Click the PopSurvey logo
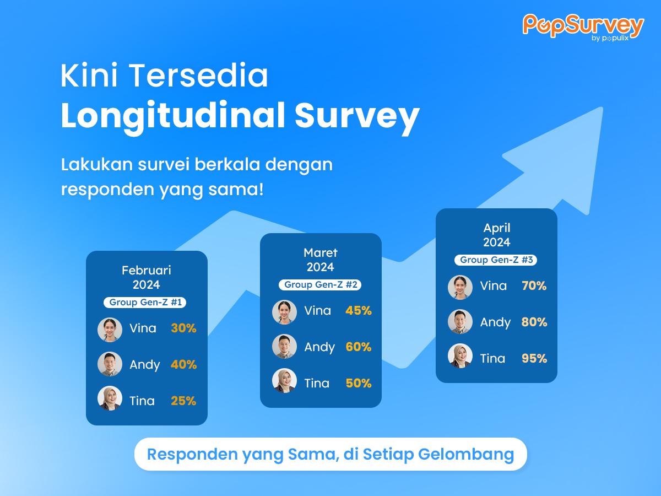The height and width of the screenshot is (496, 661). point(583,27)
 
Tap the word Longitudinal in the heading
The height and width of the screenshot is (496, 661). point(173,116)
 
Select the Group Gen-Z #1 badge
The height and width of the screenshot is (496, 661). point(145,303)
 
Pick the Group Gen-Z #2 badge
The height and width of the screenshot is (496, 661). point(320,284)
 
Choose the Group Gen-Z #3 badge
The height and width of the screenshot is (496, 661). point(496,260)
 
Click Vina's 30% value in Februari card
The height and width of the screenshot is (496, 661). point(183,328)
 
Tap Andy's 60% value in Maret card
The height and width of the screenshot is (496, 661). point(359,347)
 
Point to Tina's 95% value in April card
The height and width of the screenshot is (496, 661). point(534,358)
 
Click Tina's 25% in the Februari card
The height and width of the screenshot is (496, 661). point(183,401)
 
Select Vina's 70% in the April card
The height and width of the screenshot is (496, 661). point(534,286)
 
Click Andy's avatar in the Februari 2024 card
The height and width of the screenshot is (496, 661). point(110,364)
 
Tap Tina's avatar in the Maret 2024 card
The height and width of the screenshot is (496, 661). point(285,381)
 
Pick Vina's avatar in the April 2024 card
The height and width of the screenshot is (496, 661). point(460,287)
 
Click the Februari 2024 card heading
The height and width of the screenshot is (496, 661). point(147,277)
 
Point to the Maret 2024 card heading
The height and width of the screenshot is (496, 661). point(321,260)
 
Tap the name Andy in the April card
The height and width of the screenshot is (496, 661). point(495,322)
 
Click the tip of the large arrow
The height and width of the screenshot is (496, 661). point(603,107)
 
